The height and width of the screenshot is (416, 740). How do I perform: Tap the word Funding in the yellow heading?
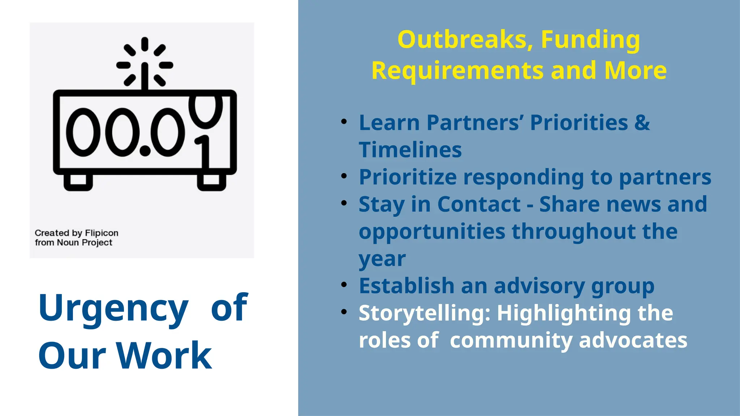coord(590,39)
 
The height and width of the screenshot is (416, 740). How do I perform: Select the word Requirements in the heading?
coord(457,70)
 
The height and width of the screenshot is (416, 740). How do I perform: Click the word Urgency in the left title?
coord(113,308)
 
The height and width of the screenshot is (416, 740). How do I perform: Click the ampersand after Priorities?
coord(642,122)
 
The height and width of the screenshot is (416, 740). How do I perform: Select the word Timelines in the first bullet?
coord(410,150)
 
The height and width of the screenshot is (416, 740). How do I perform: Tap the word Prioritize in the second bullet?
coord(408,177)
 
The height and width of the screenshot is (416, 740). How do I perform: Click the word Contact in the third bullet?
coord(479,204)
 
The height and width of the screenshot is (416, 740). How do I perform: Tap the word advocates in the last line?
coord(633,340)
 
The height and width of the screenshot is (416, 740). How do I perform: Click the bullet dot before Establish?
coord(344,285)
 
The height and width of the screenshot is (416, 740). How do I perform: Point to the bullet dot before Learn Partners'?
coord(344,121)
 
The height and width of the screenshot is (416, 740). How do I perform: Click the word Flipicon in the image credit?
coord(102,233)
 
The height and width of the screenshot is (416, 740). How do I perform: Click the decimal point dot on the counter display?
coord(145,150)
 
